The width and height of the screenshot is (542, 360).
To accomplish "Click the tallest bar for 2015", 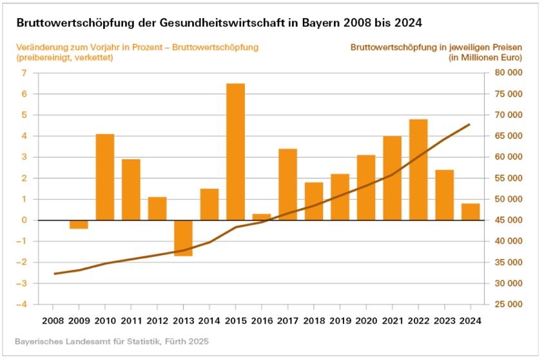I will (x=236, y=151).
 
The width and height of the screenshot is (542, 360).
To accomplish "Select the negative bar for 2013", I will (x=183, y=238).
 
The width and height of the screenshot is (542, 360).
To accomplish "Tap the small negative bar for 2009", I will (x=79, y=224).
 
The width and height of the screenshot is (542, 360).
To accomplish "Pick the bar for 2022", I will (x=418, y=169).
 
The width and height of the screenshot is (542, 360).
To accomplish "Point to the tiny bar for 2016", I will (x=262, y=217).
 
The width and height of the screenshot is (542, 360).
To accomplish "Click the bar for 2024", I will (x=470, y=212).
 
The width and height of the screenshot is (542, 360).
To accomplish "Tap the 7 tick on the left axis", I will (x=24, y=73).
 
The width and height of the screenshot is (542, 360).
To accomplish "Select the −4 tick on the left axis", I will (x=22, y=304).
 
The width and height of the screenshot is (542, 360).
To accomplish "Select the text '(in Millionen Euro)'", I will (x=484, y=57).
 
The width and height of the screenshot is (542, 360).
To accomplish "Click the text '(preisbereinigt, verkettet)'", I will (x=65, y=57).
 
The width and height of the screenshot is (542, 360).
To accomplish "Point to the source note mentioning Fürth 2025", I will (x=111, y=340).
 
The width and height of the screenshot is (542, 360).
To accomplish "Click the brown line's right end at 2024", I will (x=470, y=124).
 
